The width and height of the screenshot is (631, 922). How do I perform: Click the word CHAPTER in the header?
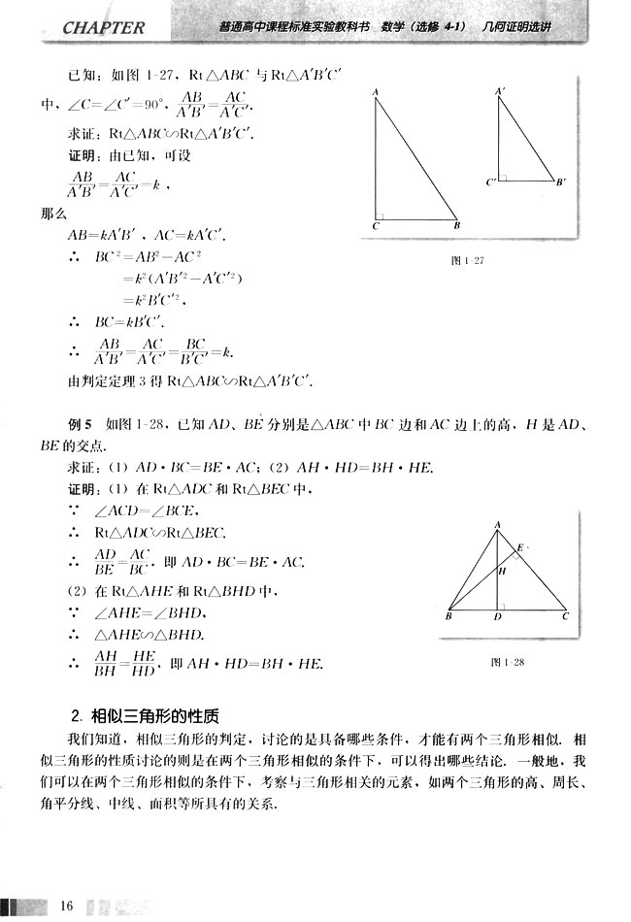(x=102, y=27)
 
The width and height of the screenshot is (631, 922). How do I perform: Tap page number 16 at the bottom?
(x=66, y=906)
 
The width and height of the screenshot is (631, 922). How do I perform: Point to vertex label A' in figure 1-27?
(x=500, y=91)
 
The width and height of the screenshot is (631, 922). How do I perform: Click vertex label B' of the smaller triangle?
(x=562, y=182)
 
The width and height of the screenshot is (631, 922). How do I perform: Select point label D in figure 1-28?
(x=498, y=617)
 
